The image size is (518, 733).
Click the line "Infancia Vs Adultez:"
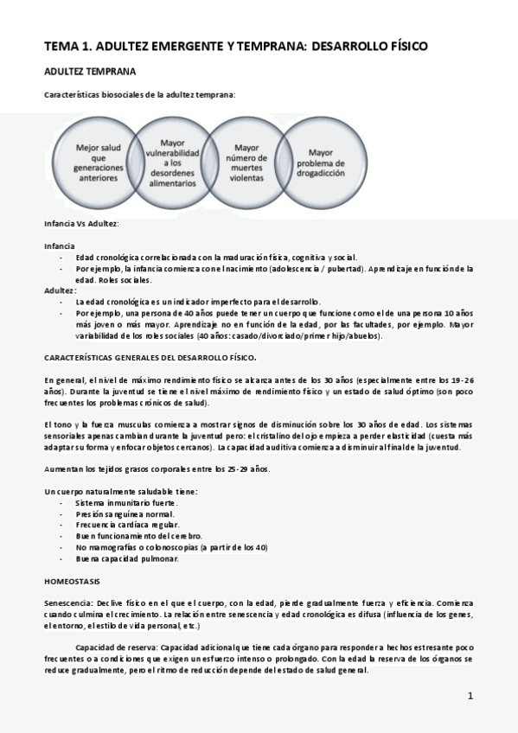click(81, 223)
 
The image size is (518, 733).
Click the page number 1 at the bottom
click(470, 696)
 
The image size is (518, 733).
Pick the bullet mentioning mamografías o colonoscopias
click(171, 547)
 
